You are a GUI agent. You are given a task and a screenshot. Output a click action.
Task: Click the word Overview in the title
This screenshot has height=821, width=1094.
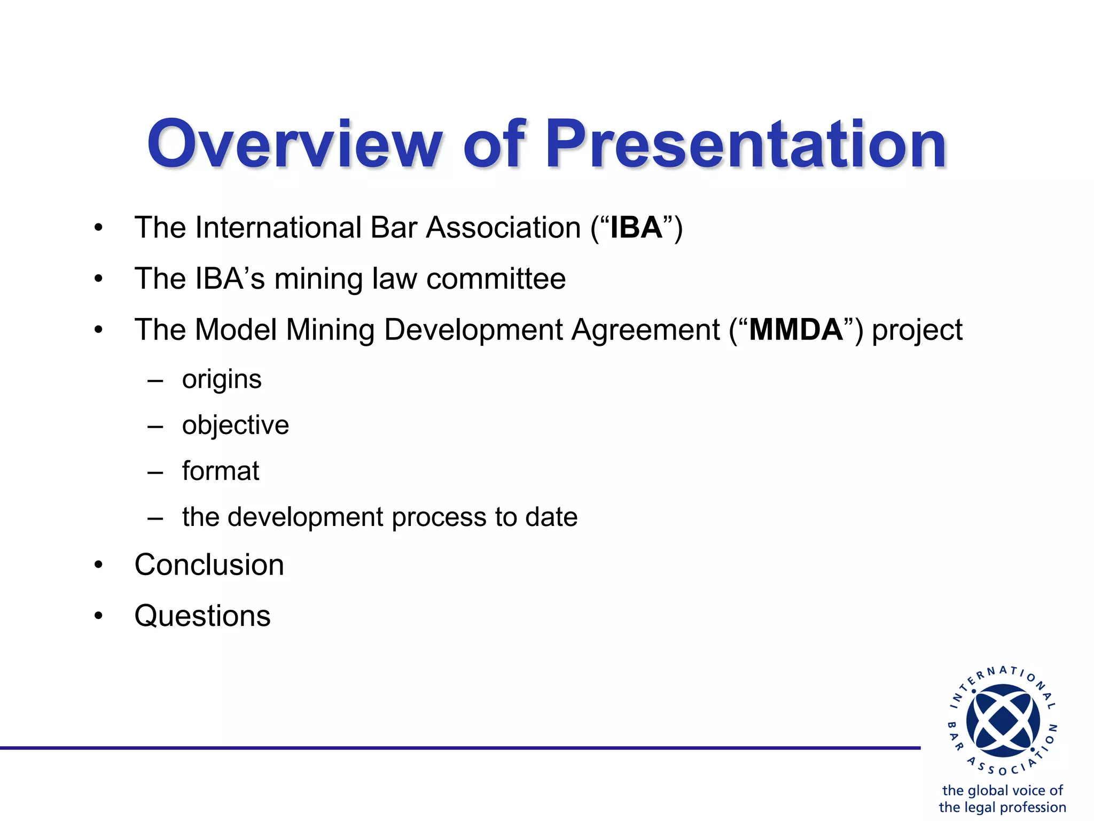294,144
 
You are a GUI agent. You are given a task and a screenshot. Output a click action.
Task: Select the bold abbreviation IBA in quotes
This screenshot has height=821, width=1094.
636,228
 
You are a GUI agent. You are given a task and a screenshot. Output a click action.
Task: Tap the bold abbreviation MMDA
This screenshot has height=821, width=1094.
795,330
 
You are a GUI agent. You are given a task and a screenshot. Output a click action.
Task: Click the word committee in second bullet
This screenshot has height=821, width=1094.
496,279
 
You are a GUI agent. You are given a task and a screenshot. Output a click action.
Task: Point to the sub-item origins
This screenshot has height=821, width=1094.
222,380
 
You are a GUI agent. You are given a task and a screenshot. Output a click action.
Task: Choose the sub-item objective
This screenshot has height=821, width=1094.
235,426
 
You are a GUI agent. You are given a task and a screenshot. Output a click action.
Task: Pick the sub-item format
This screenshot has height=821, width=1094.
220,471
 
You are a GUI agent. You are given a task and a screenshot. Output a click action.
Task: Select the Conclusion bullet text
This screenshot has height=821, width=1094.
209,565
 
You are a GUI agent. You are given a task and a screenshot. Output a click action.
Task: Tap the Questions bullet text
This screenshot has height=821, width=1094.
202,616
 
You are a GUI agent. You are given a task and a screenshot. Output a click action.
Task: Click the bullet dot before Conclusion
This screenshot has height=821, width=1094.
98,566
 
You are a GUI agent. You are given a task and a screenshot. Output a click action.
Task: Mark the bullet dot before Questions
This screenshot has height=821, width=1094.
98,616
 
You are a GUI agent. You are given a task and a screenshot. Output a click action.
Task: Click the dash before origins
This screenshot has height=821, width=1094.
155,381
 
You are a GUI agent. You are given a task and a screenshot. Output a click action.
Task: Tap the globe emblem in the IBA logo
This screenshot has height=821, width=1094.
1003,721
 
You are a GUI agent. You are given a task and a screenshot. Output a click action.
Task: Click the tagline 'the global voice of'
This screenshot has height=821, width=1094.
1002,790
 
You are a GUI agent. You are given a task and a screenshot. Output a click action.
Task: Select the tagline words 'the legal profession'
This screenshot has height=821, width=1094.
1002,807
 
